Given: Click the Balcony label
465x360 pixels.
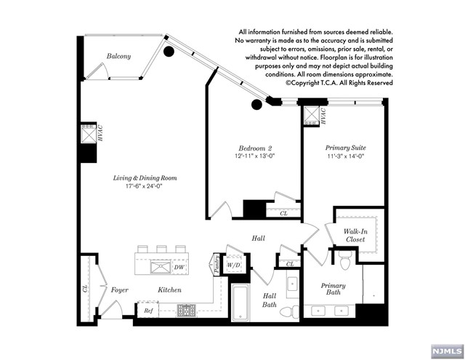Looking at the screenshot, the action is [x=118, y=56].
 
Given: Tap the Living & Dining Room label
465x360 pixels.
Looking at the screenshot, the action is [x=145, y=178].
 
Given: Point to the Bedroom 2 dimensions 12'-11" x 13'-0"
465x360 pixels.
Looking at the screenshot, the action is [x=255, y=156].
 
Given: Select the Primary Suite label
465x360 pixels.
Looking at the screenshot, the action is [x=346, y=148].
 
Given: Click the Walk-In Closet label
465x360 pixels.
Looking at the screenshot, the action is [x=355, y=236].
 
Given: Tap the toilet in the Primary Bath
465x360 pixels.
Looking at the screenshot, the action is [x=346, y=260].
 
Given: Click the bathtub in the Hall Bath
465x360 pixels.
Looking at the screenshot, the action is [x=240, y=303].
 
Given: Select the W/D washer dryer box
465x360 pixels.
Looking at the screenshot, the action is [x=234, y=265].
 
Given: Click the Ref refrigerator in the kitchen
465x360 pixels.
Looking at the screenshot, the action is [x=148, y=310].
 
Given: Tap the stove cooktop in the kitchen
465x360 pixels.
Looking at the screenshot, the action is [x=187, y=311].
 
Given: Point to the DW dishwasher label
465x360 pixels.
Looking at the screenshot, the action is [x=179, y=267].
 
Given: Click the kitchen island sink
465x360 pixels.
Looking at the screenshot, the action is [x=161, y=267].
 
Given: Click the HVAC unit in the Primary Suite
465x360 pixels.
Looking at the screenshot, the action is [x=312, y=116].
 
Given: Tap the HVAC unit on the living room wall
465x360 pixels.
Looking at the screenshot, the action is [x=89, y=134].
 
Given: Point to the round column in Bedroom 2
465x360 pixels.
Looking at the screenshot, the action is [x=256, y=104].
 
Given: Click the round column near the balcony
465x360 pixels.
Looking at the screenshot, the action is [x=169, y=52].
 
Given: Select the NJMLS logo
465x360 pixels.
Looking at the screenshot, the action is [x=448, y=352].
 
